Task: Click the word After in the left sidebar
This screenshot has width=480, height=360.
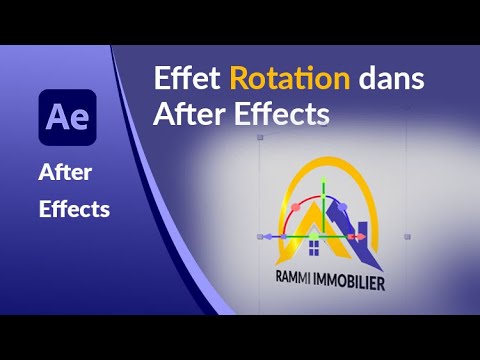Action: pyautogui.click(x=65, y=173)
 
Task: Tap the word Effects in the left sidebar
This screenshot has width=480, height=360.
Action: pyautogui.click(x=74, y=210)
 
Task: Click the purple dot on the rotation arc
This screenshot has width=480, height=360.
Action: pyautogui.click(x=342, y=205)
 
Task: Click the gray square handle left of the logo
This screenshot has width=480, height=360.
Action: pyautogui.click(x=260, y=237)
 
